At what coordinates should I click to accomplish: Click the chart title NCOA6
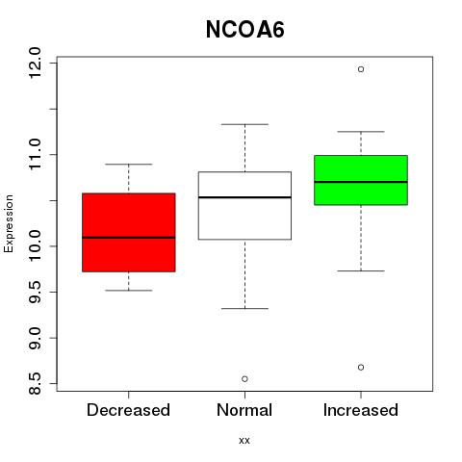tap(244, 30)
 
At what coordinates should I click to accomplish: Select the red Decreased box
tap(129, 232)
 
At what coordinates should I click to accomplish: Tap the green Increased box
tap(361, 180)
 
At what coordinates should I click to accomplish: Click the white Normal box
tap(244, 206)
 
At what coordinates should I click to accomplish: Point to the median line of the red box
tap(129, 238)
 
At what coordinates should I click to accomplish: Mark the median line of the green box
tap(361, 182)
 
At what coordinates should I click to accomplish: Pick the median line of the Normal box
tap(244, 197)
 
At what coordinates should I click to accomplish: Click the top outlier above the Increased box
tap(361, 69)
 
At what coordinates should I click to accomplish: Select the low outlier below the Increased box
tap(361, 368)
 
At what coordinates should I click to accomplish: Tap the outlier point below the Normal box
tap(244, 379)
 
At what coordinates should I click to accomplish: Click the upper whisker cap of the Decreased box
tap(129, 165)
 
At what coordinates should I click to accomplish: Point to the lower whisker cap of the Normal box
tap(244, 309)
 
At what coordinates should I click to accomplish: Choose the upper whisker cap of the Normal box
tap(244, 124)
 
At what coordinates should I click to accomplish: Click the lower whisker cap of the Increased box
tap(361, 271)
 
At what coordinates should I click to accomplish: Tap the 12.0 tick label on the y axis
tap(35, 63)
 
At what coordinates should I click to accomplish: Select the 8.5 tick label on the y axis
tap(35, 383)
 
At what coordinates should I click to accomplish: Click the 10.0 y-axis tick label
tap(35, 246)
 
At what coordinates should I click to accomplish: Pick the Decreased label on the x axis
tap(128, 410)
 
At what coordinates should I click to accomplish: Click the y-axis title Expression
tap(9, 223)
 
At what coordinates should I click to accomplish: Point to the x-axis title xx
tap(244, 441)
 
